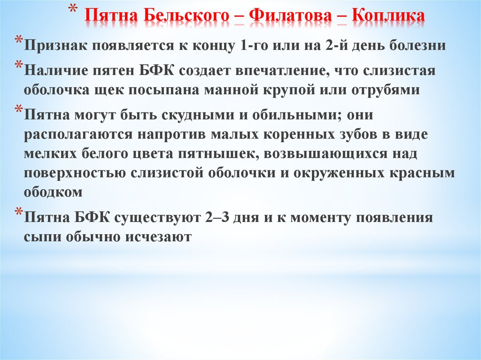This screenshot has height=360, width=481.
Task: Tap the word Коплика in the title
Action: (388, 17)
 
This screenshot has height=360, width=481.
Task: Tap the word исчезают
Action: (157, 237)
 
